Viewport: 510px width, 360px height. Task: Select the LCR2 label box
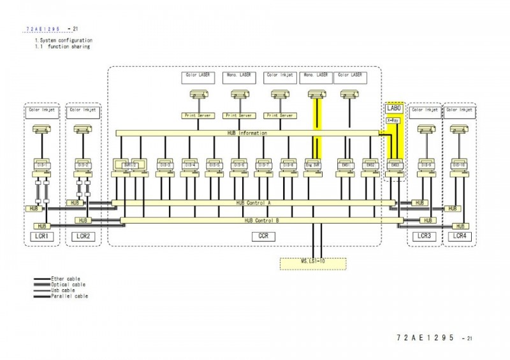(x=83, y=236)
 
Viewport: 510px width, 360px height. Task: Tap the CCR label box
(x=262, y=236)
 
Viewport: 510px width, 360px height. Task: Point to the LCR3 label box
(x=423, y=236)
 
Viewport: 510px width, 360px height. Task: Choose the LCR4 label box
(x=460, y=236)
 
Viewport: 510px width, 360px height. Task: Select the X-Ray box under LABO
(x=394, y=119)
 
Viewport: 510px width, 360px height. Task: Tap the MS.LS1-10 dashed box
(x=314, y=262)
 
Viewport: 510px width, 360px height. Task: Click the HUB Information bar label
(x=247, y=133)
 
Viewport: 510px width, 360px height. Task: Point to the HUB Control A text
(x=254, y=203)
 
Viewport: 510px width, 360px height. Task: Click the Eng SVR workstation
(x=312, y=164)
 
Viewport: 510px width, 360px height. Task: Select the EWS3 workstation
(x=395, y=164)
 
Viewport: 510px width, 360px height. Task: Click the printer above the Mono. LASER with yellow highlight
(x=313, y=94)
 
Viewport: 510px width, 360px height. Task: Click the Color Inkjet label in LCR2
(x=82, y=110)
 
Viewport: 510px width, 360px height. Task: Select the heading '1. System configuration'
(x=63, y=41)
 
